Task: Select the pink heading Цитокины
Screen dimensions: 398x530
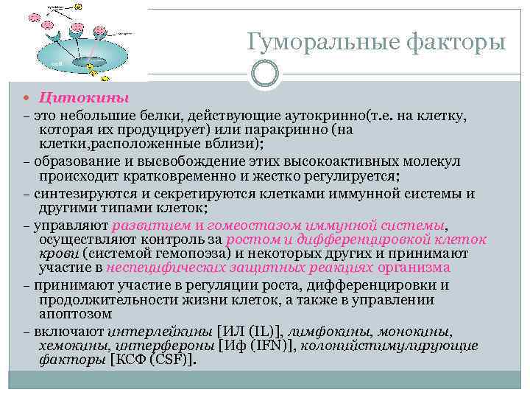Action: (84, 99)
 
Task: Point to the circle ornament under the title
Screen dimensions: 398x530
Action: (264, 72)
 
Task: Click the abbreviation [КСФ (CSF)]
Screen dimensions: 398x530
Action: (153, 360)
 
